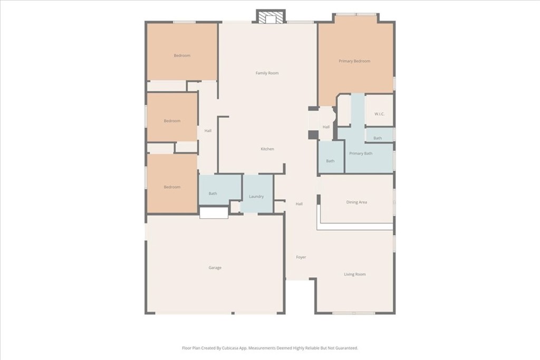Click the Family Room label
click(267, 73)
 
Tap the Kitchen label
click(267, 149)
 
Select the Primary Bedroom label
click(354, 61)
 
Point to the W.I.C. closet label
click(379, 114)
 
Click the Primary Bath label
click(361, 153)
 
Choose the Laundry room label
click(256, 197)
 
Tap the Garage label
click(215, 268)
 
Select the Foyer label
click(301, 257)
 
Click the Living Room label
click(355, 274)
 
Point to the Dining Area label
click(356, 202)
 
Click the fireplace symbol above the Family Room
click(271, 17)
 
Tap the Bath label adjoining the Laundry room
click(213, 193)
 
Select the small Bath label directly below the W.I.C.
click(378, 138)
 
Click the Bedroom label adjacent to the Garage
click(172, 187)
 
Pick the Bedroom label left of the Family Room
click(182, 55)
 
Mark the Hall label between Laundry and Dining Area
click(299, 204)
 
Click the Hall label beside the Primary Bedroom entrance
click(326, 127)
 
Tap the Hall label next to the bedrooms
click(208, 131)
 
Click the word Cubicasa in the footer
click(234, 348)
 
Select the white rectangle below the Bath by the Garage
click(214, 213)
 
